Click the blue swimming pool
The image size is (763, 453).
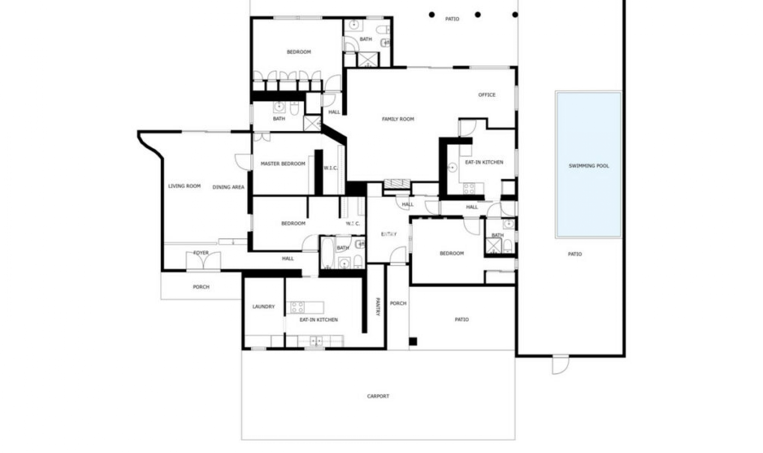[x=589, y=165]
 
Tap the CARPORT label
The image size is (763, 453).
[x=378, y=396]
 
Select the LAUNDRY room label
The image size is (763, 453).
[x=263, y=307]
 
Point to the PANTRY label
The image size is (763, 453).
[x=378, y=307]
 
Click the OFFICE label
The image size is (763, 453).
[x=487, y=95]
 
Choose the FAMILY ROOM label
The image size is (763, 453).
[x=398, y=119]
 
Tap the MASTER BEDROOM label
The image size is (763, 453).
[x=283, y=164]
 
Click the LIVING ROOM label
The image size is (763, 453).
[x=184, y=186]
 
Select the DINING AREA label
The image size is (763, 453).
[x=229, y=187]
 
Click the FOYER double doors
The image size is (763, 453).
[x=203, y=261]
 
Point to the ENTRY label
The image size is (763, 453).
[x=389, y=234]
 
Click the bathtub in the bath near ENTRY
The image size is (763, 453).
[x=327, y=253]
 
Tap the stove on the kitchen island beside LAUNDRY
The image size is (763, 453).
[x=298, y=308]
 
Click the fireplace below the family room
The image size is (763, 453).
[x=397, y=184]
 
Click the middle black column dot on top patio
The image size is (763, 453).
[x=478, y=15]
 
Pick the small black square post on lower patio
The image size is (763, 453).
[x=413, y=341]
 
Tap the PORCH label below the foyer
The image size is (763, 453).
[x=201, y=287]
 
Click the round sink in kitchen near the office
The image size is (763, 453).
[x=453, y=168]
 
